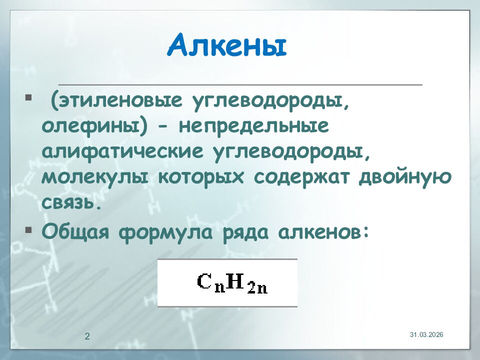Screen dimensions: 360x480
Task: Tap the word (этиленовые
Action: [115, 102]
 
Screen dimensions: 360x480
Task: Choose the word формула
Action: [167, 232]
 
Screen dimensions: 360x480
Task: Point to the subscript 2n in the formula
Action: [257, 287]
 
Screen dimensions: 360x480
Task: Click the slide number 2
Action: [87, 336]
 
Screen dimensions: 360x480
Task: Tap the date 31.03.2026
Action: [426, 334]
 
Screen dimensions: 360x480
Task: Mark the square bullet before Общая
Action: [28, 230]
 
